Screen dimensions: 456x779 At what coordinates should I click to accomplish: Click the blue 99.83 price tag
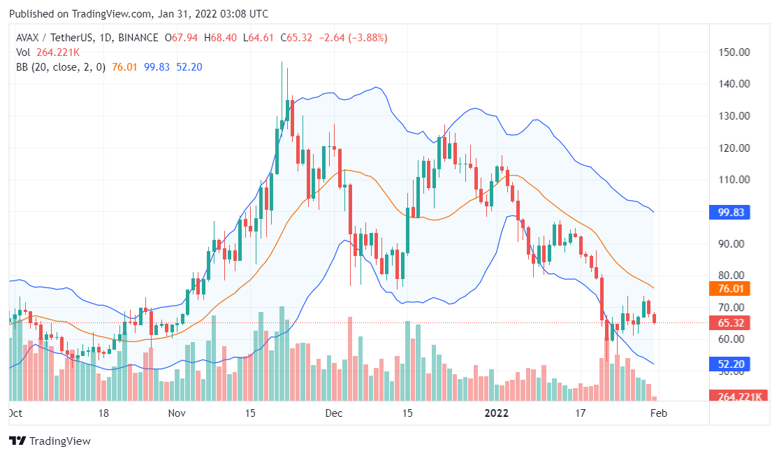[729, 212]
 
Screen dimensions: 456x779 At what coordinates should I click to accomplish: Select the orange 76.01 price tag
[729, 288]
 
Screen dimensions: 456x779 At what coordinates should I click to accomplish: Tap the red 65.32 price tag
[729, 323]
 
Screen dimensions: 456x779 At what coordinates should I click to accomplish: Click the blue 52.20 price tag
[729, 364]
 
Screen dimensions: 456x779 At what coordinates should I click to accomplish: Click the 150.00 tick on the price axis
[734, 52]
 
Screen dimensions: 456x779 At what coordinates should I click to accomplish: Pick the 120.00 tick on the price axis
[734, 148]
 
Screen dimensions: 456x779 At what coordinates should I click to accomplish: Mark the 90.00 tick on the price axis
[734, 243]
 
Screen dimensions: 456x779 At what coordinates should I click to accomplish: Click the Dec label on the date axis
[334, 413]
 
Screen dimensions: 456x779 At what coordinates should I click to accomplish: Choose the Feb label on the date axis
[659, 413]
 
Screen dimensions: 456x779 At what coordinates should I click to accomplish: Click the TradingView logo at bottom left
[50, 441]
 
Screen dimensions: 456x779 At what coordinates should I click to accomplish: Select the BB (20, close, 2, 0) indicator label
[61, 67]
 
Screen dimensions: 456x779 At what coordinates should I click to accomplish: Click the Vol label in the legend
[23, 52]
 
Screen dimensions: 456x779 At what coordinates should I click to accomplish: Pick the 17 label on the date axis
[579, 413]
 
